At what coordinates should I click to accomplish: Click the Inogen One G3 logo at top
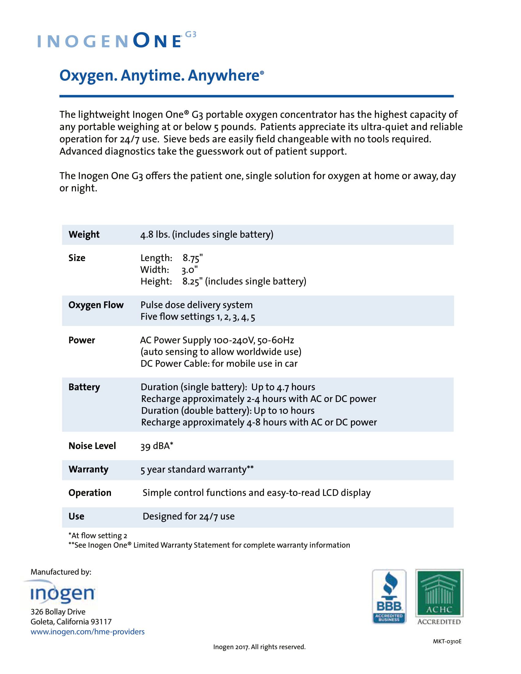pyautogui.click(x=116, y=40)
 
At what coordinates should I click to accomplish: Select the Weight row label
pyautogui.click(x=84, y=235)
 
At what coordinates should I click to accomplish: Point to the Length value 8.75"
pyautogui.click(x=192, y=258)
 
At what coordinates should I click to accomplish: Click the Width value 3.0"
pyautogui.click(x=189, y=270)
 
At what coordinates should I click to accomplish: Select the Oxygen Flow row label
pyautogui.click(x=96, y=305)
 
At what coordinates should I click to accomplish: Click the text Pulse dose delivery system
pyautogui.click(x=196, y=305)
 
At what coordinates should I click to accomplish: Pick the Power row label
pyautogui.click(x=82, y=340)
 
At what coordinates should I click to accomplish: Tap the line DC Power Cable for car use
pyautogui.click(x=219, y=364)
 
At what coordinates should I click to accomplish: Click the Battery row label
pyautogui.click(x=84, y=387)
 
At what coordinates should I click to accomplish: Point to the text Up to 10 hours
pyautogui.click(x=284, y=411)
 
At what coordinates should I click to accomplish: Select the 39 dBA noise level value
pyautogui.click(x=157, y=446)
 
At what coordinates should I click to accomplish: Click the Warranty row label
pyautogui.click(x=88, y=469)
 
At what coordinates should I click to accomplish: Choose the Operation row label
pyautogui.click(x=89, y=493)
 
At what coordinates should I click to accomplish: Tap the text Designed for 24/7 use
pyautogui.click(x=188, y=516)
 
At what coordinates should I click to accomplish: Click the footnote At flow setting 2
pyautogui.click(x=97, y=536)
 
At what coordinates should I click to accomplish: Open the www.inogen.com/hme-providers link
pyautogui.click(x=87, y=632)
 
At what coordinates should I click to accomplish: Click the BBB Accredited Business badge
pyautogui.click(x=389, y=596)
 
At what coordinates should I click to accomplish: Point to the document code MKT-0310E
pyautogui.click(x=447, y=641)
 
